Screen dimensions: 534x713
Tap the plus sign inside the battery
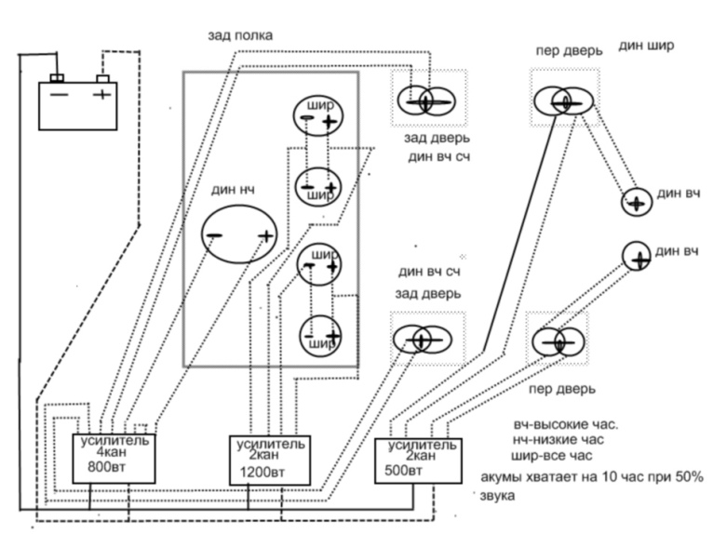click(101, 94)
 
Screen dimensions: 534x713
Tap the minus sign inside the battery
click(58, 94)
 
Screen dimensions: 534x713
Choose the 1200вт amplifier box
click(271, 459)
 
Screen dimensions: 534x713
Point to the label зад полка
click(240, 35)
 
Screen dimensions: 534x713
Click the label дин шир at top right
click(646, 45)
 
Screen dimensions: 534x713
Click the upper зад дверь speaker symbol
click(426, 100)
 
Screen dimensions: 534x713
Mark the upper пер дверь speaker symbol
click(560, 101)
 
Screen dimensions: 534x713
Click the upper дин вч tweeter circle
click(636, 202)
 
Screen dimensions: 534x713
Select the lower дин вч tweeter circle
click(637, 255)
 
